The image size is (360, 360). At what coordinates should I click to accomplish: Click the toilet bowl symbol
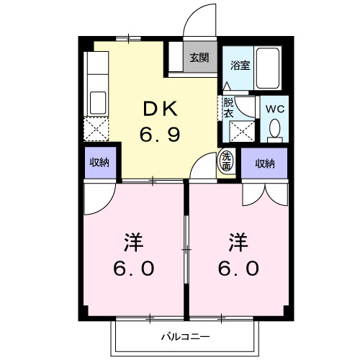pos(274,128)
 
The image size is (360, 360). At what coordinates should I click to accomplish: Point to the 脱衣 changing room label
pos(228,107)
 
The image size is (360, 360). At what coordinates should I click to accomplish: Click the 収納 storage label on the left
pos(99,163)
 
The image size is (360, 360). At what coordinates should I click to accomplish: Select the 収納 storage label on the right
pos(265,163)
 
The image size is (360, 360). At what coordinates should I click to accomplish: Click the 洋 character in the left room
pos(133,240)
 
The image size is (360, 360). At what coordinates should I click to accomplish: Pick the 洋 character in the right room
pos(239,240)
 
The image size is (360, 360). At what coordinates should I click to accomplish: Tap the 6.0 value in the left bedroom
pos(133,268)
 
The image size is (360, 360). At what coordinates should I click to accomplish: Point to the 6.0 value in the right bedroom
pos(239,268)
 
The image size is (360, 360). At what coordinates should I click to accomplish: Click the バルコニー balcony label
pos(184,336)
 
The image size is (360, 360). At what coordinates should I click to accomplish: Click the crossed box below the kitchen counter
pos(96,129)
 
